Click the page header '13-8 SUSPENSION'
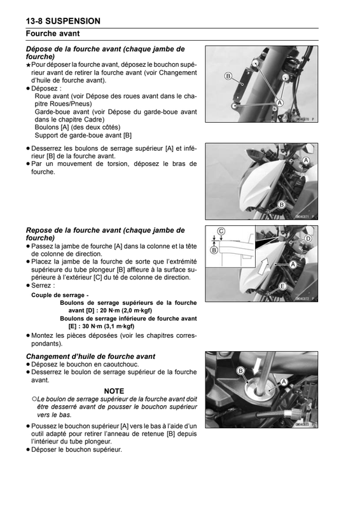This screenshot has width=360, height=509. [x=63, y=21]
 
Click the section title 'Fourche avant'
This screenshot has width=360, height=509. [x=53, y=34]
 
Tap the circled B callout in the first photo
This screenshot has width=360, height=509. [x=228, y=76]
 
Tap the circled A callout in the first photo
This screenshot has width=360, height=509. [x=279, y=103]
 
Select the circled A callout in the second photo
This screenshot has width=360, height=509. [x=305, y=160]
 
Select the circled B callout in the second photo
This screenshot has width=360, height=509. [x=281, y=205]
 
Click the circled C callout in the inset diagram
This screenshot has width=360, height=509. [x=221, y=231]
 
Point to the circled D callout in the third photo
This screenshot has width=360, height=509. [x=308, y=239]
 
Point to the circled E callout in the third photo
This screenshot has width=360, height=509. [x=282, y=286]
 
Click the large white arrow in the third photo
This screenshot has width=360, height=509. [x=265, y=265]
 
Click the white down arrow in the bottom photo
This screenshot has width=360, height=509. [x=257, y=365]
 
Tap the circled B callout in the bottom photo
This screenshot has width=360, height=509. [x=240, y=371]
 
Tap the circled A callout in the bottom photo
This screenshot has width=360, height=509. [x=284, y=382]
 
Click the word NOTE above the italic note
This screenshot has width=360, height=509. [x=114, y=391]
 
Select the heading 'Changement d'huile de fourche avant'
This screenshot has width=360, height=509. [x=90, y=356]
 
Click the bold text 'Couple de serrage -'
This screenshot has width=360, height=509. [x=60, y=295]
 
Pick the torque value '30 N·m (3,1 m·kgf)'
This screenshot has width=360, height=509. [x=108, y=326]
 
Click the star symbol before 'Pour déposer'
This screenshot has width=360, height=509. [x=29, y=65]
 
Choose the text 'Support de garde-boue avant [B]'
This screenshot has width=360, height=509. [x=83, y=136]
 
